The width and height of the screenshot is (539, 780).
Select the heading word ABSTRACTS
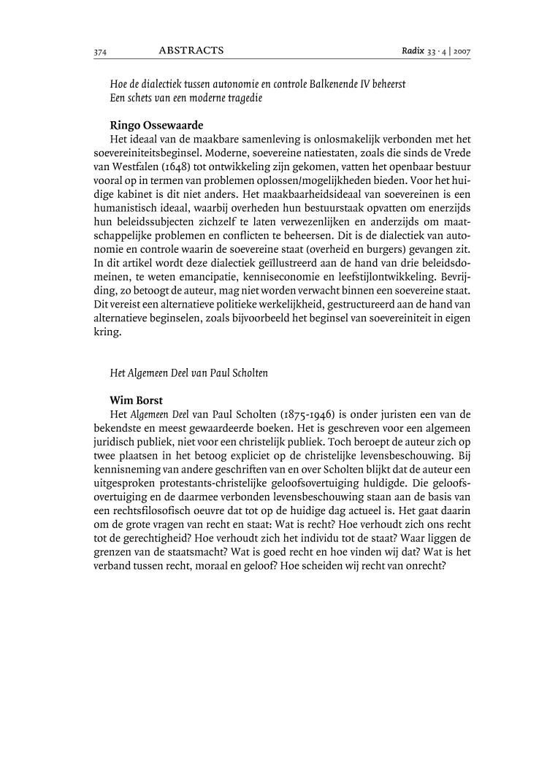click(191, 51)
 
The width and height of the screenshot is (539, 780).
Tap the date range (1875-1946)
click(304, 414)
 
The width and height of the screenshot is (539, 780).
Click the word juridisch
click(118, 442)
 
